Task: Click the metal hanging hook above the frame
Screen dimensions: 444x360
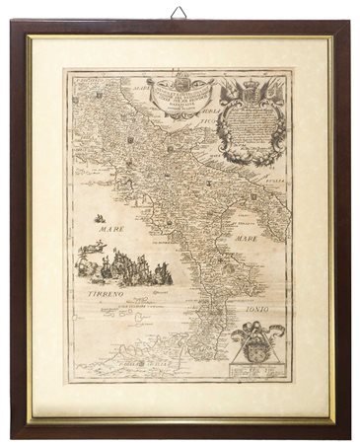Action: point(179,13)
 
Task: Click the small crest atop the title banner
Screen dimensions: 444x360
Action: point(178,77)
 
